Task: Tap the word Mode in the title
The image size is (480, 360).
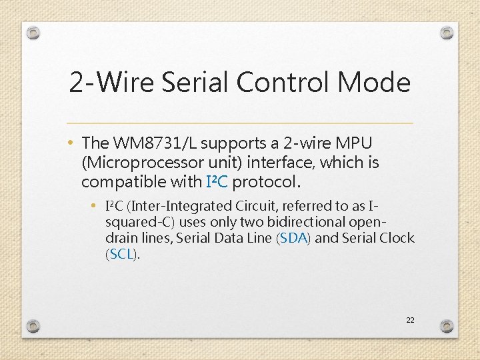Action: click(x=374, y=83)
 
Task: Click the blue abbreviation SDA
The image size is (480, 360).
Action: click(x=293, y=238)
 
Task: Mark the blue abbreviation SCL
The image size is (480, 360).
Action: click(x=121, y=254)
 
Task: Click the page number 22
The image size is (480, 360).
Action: click(x=410, y=321)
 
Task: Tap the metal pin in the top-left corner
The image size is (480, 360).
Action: click(x=33, y=33)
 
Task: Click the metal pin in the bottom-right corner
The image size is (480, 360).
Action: click(x=447, y=326)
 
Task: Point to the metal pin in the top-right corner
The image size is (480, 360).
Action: click(x=447, y=33)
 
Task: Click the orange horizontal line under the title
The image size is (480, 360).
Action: click(x=240, y=123)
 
